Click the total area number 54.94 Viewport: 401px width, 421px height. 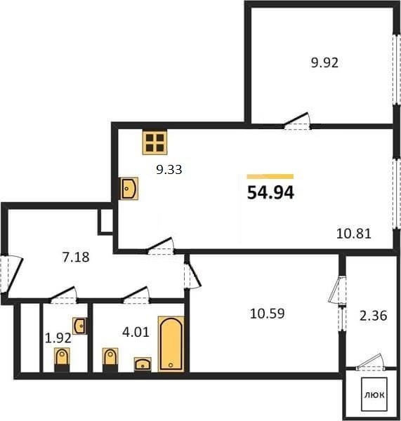point(270,192)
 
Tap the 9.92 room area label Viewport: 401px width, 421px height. point(324,63)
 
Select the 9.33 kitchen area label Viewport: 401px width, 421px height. point(169,169)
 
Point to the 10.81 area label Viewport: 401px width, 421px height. point(354,234)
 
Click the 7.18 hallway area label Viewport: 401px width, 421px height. point(76,258)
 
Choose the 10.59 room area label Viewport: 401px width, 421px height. point(267,314)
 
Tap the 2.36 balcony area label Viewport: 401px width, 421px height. point(374,316)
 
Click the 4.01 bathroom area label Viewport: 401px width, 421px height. point(136,333)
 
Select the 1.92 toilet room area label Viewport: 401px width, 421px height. point(58,338)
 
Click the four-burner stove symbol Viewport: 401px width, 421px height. point(155,142)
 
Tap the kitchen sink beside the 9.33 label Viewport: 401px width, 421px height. point(129,189)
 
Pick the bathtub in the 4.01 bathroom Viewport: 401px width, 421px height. point(171,344)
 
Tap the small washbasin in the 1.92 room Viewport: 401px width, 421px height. point(79,326)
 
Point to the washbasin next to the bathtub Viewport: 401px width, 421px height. point(143,365)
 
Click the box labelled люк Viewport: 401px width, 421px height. point(374,394)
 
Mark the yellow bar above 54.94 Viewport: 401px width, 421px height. point(270,176)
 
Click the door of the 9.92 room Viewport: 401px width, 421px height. point(297,121)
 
